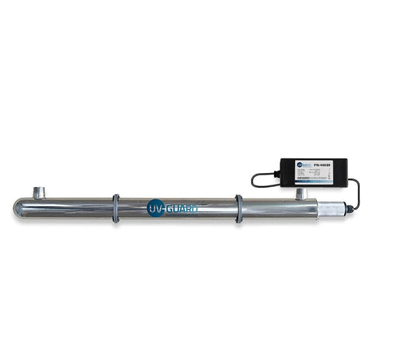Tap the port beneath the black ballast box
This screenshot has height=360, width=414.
tap(300, 193)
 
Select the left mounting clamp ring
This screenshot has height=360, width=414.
tap(115, 208)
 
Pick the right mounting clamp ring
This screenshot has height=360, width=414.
tap(238, 208)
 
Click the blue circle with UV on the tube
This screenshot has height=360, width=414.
tap(155, 208)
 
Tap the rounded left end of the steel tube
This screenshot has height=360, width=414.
tap(18, 208)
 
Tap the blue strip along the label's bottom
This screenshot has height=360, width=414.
tap(311, 183)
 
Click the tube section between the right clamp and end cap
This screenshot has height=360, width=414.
tap(280, 208)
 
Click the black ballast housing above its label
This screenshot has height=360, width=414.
tap(311, 160)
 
